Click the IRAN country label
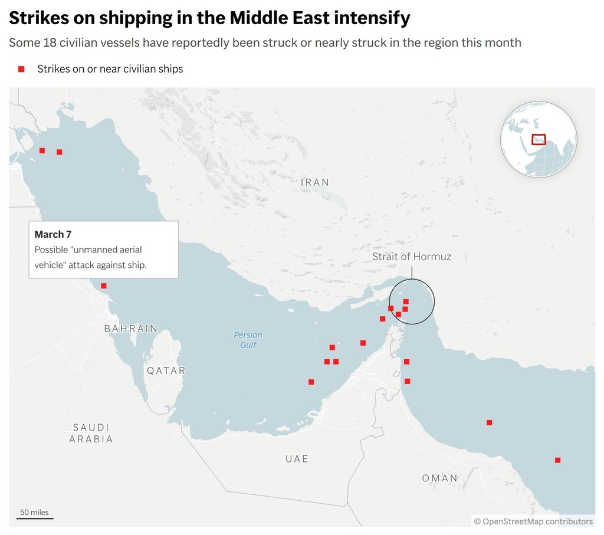click(315, 182)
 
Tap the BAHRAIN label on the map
click(131, 329)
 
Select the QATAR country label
click(166, 371)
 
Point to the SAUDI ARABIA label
click(91, 433)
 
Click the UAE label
click(297, 459)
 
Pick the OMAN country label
click(439, 478)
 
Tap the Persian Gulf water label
click(248, 340)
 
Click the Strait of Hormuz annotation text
click(412, 257)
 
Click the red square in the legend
click(21, 69)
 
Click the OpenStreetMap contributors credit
click(533, 521)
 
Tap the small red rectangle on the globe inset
click(539, 139)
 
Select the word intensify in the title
click(371, 18)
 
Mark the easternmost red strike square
click(557, 460)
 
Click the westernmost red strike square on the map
click(42, 150)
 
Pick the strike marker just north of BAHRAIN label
click(104, 286)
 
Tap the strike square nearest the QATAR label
click(311, 382)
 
